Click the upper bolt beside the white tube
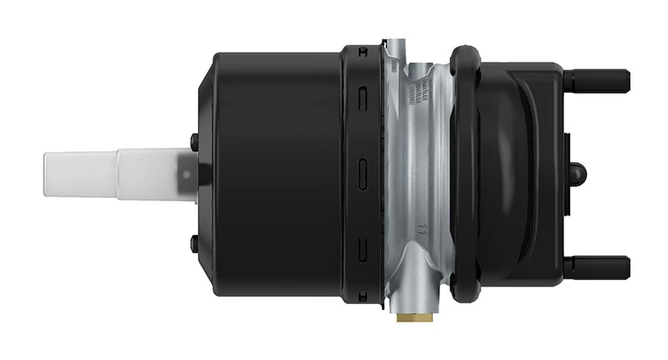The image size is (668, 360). (194, 140)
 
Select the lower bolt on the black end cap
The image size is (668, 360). (194, 241)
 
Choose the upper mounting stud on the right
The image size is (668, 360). (596, 81)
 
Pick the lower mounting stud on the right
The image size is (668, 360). (596, 266)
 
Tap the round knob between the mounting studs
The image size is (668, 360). (578, 174)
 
